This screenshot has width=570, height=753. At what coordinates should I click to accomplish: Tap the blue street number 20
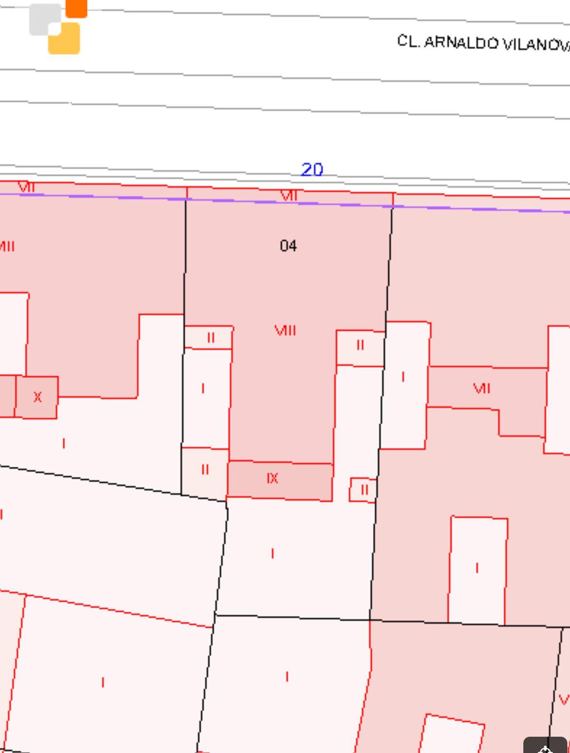[312, 169]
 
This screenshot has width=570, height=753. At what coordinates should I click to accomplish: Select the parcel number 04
[288, 246]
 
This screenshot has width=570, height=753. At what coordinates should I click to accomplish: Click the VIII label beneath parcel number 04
[285, 330]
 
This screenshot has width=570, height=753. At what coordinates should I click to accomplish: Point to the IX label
[272, 478]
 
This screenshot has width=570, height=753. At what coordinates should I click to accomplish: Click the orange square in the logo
[76, 8]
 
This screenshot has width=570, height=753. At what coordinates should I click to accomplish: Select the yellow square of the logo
[64, 38]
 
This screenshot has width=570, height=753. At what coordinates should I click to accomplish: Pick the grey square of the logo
[45, 19]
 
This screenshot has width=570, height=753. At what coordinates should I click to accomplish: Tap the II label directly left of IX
[205, 470]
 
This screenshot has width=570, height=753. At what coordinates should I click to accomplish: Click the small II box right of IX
[363, 490]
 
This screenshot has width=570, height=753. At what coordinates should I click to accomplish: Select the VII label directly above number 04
[289, 195]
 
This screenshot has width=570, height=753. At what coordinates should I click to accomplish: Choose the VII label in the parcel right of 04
[482, 389]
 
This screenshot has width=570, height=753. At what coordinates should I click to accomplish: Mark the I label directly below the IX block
[273, 554]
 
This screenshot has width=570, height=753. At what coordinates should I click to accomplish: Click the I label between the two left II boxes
[203, 389]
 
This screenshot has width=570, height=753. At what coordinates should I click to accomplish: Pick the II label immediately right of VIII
[360, 345]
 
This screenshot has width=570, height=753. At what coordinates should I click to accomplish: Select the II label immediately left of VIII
[211, 338]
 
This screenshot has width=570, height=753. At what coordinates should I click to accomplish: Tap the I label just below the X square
[64, 444]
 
